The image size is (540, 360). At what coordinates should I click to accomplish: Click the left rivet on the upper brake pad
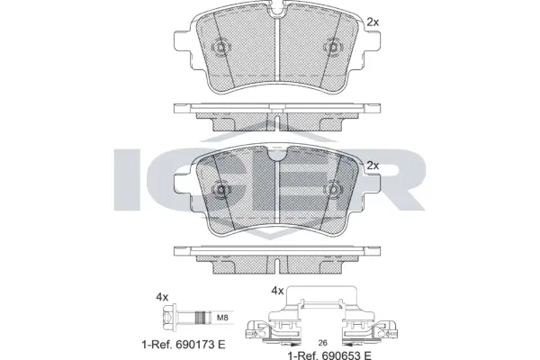click(x=219, y=48)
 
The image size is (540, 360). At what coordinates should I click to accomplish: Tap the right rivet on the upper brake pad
click(x=332, y=48)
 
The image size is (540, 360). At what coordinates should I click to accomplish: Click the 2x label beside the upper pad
click(x=372, y=21)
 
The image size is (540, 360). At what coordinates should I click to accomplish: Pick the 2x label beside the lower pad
click(x=372, y=166)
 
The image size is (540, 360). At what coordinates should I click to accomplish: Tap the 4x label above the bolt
click(x=162, y=295)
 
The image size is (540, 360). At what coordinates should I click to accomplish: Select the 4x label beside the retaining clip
click(x=279, y=291)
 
